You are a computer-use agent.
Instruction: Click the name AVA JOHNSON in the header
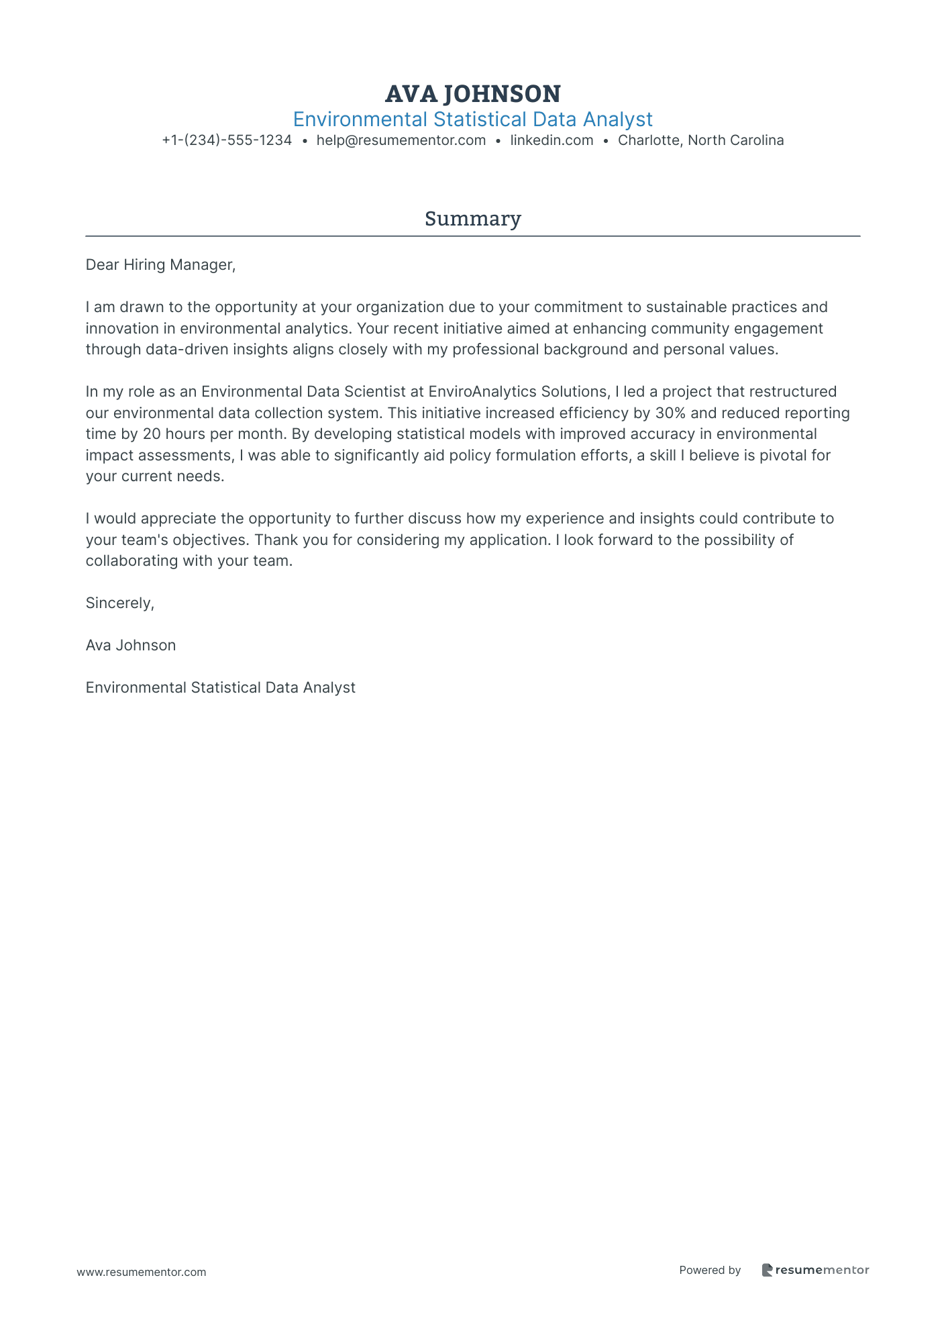click(472, 94)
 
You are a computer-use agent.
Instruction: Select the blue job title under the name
click(472, 119)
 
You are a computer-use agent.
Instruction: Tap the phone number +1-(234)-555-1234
click(227, 140)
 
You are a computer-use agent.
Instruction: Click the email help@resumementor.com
click(401, 140)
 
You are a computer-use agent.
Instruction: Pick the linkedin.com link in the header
click(551, 140)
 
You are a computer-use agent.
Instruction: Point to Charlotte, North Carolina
click(700, 140)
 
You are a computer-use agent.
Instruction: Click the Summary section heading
click(472, 219)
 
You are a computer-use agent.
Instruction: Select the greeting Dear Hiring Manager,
click(160, 265)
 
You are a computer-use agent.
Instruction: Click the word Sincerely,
click(119, 603)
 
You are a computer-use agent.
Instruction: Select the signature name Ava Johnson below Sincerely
click(131, 646)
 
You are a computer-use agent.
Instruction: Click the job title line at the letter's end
click(220, 688)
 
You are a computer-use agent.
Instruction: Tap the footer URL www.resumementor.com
click(142, 1272)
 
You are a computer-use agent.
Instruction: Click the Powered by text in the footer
click(709, 1270)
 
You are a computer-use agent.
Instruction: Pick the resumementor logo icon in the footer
click(767, 1270)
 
